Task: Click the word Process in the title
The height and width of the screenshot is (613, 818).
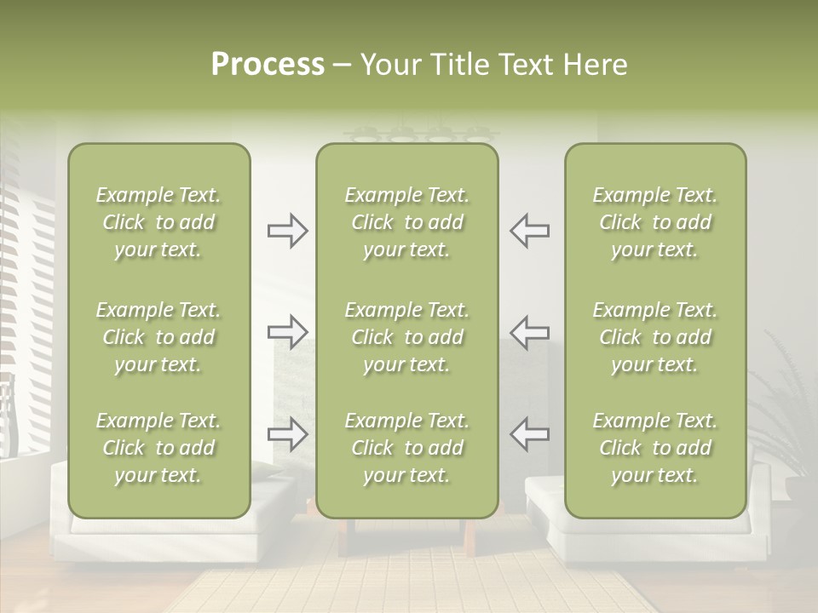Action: [268, 65]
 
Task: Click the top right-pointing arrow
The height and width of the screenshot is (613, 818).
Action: [287, 231]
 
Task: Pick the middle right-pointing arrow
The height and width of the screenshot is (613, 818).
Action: [287, 331]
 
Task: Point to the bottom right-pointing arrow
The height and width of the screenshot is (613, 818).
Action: [287, 433]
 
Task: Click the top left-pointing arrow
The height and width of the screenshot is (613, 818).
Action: [529, 231]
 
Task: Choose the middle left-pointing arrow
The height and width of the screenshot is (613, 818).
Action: [529, 331]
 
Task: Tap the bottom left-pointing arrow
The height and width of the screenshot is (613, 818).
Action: [529, 433]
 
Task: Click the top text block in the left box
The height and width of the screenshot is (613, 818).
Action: [158, 222]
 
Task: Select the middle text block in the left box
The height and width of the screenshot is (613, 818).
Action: [158, 337]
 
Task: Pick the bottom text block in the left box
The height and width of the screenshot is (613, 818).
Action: [158, 448]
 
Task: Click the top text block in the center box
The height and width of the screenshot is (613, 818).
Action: [406, 222]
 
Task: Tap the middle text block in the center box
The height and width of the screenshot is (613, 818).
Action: [406, 337]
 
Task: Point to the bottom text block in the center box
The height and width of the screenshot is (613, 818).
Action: [406, 448]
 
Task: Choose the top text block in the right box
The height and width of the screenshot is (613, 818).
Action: [654, 222]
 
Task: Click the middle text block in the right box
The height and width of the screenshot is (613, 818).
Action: [654, 337]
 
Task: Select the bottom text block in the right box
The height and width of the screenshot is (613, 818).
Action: [654, 448]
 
